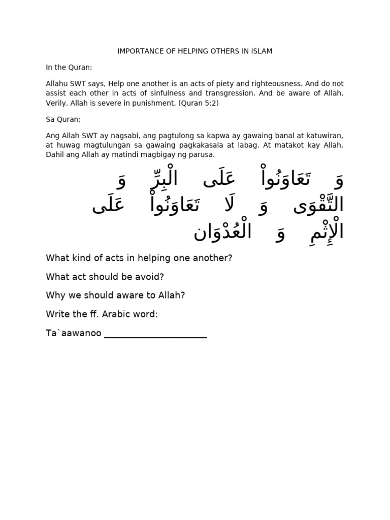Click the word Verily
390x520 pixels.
(x=56, y=103)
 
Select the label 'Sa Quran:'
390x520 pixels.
(x=63, y=120)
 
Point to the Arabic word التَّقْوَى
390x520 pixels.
(x=315, y=206)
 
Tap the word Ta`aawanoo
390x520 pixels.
(x=74, y=334)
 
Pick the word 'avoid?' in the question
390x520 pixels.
(x=151, y=277)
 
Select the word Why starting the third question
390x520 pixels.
(x=55, y=296)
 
